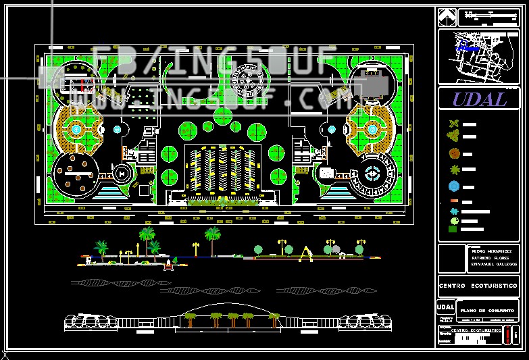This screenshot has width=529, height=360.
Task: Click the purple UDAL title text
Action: coord(479,99)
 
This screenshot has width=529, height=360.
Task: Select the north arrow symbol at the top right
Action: coord(445,16)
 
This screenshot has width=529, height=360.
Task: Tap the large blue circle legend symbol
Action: coord(454,186)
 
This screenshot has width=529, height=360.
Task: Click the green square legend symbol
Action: coord(452,229)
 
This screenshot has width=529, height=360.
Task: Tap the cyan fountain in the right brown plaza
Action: coord(372,128)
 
